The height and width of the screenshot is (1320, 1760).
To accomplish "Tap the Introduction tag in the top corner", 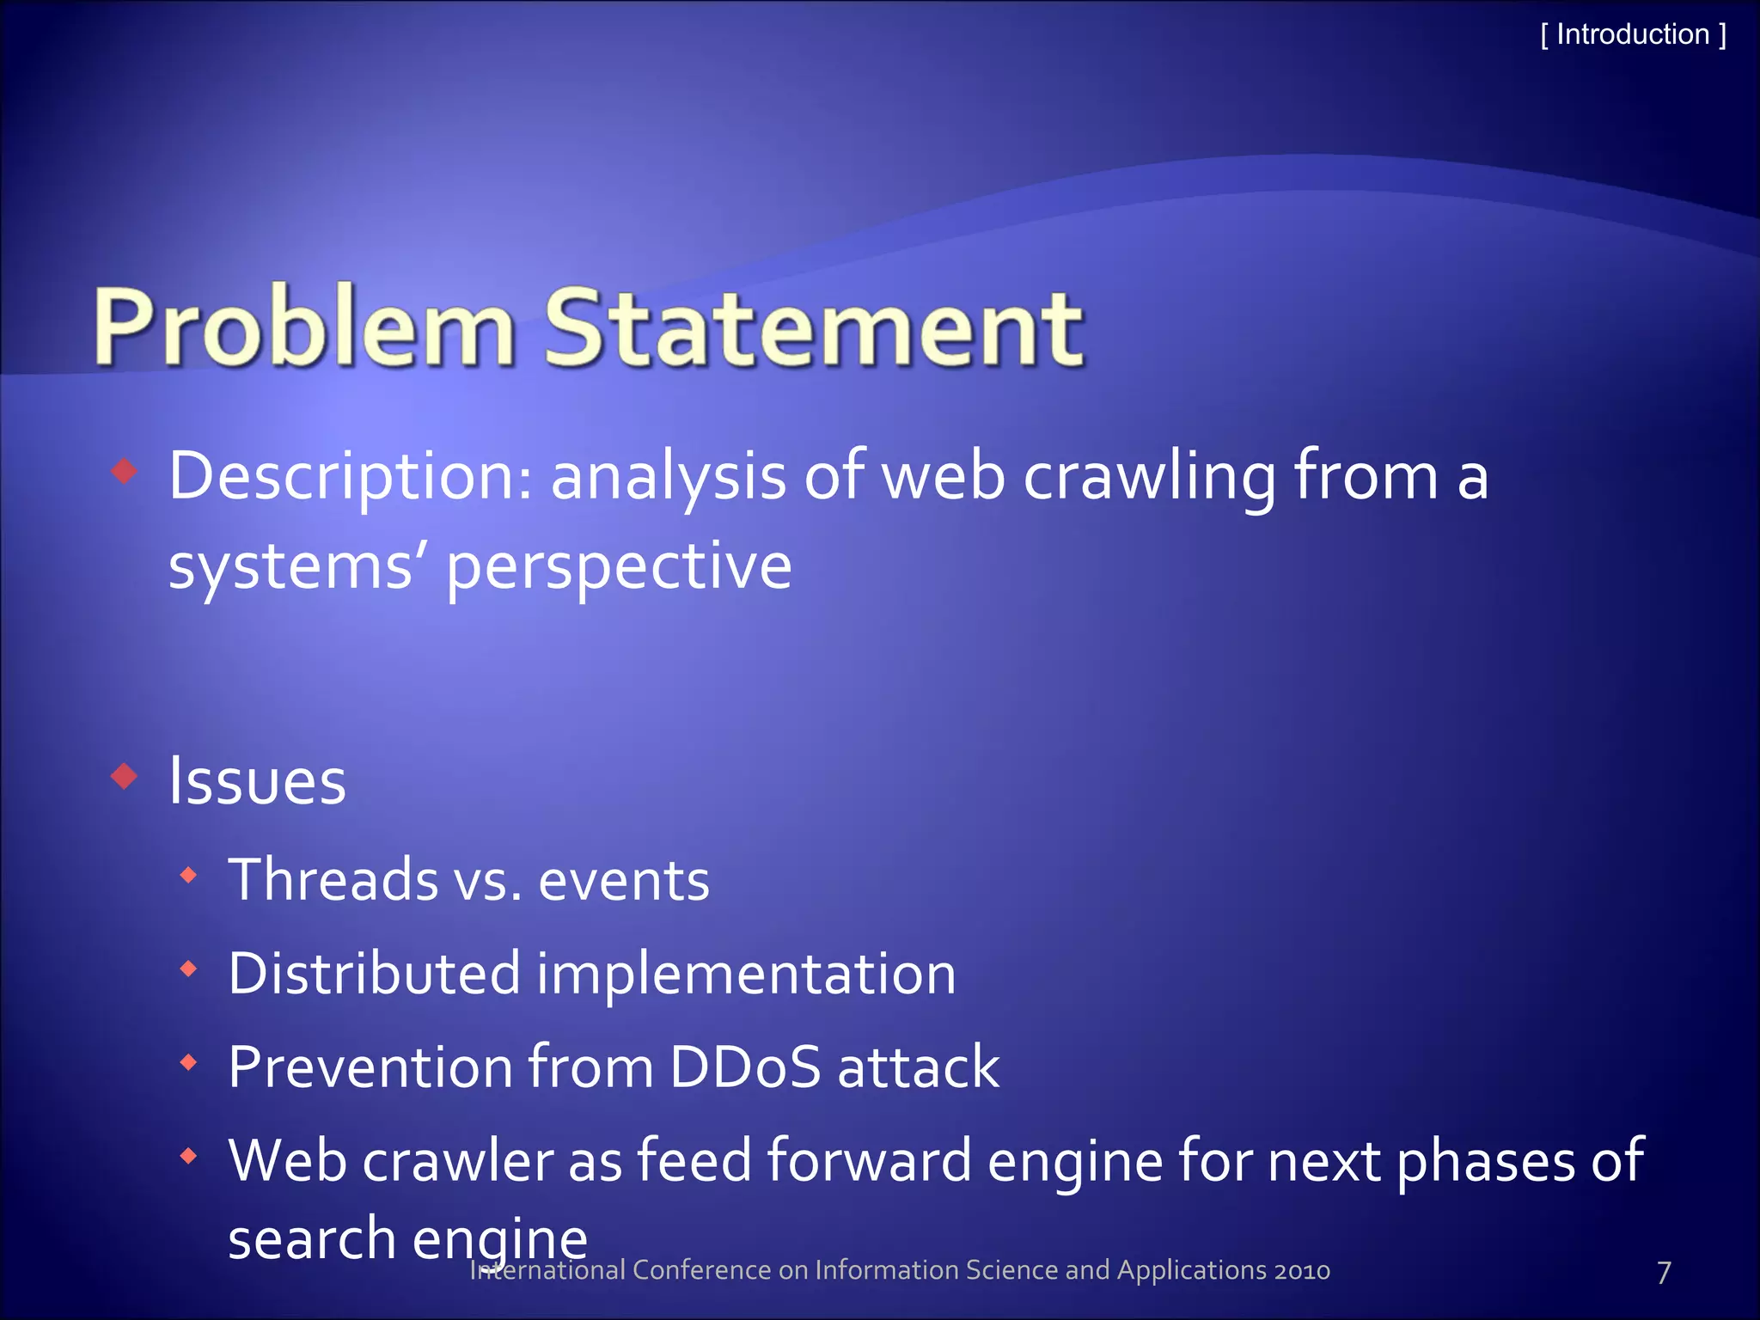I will (1632, 35).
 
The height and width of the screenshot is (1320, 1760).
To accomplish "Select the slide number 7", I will (1664, 1273).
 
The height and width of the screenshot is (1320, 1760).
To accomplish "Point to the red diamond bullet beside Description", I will (125, 471).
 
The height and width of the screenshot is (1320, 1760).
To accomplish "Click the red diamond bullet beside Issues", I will (125, 776).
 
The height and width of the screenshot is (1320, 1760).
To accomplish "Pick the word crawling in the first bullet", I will (1149, 478).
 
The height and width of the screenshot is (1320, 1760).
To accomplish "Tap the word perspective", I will (618, 568).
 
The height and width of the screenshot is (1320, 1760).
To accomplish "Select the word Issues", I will (256, 782).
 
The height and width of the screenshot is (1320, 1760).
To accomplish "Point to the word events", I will (624, 881).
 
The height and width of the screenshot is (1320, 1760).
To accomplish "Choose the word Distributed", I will (374, 975).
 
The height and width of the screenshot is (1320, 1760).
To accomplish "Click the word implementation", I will (746, 975).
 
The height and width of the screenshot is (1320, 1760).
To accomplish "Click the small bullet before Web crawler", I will (189, 1157).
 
